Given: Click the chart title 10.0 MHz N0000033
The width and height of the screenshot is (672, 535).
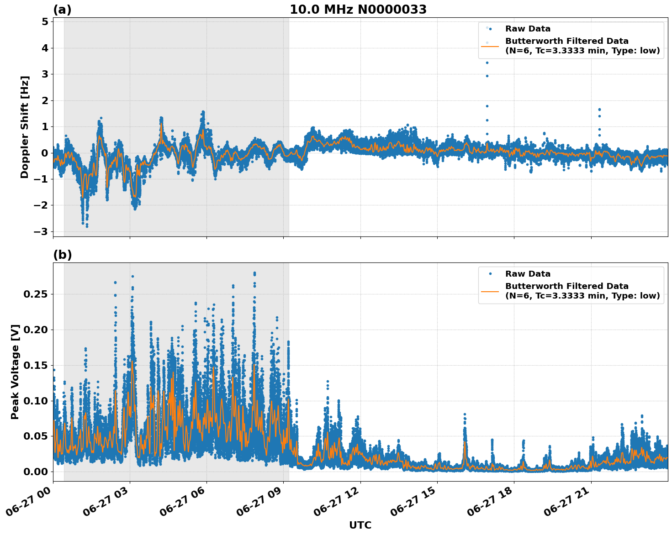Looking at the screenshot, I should tap(358, 10).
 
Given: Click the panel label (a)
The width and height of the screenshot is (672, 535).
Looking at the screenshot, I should tap(62, 10).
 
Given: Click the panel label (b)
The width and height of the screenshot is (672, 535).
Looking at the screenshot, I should tap(62, 255).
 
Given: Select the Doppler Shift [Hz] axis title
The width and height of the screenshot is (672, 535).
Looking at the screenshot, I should tap(25, 127).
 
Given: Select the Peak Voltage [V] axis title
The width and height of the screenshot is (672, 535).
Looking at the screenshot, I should tap(15, 372).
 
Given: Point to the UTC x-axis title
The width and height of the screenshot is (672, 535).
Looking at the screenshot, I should tap(360, 525).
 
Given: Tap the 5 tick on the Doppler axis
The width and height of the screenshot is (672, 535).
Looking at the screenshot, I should tap(45, 22).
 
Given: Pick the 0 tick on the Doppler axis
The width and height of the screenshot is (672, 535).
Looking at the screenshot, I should tap(45, 153).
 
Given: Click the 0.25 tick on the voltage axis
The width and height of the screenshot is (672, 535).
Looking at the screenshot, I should tap(35, 294).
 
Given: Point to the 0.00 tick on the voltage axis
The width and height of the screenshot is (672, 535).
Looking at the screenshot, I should tap(35, 472).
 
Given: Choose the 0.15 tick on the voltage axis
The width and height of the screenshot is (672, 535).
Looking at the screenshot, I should tap(35, 365).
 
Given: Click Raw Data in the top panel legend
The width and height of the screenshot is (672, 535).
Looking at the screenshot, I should tap(528, 29).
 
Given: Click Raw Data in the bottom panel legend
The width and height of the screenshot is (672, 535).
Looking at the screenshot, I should tap(528, 274).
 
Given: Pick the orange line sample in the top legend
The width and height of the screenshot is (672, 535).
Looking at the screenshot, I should tap(490, 46).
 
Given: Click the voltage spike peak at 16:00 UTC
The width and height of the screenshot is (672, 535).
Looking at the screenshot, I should tap(465, 414).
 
